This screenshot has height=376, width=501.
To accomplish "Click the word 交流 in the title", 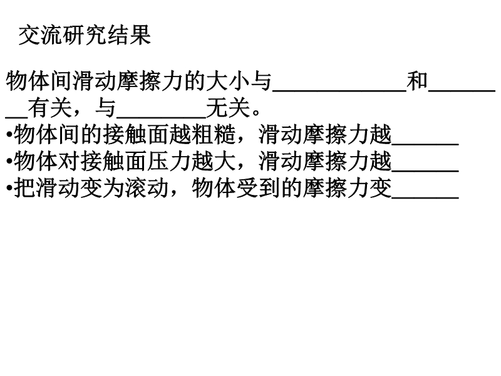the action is (x=41, y=35).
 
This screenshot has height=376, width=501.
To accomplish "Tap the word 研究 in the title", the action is (x=85, y=35).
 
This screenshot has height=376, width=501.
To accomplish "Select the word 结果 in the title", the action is (x=129, y=35).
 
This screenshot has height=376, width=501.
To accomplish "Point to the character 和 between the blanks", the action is (x=417, y=81).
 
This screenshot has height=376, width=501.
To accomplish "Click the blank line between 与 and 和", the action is (x=339, y=91).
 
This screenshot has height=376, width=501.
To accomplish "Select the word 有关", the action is (x=50, y=108).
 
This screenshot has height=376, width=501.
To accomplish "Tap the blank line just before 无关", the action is (x=162, y=118).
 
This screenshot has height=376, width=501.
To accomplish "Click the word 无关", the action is (x=228, y=108).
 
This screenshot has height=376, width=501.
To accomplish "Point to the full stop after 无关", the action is (x=256, y=113).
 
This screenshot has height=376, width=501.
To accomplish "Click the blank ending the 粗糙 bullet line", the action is (x=425, y=144).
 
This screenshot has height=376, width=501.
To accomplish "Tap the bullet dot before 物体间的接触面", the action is (x=9, y=135).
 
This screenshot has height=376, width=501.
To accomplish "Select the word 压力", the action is (x=169, y=161).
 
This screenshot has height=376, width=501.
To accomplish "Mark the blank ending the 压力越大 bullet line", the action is (x=425, y=171).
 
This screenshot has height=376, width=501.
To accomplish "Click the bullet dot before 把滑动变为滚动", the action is (x=9, y=189).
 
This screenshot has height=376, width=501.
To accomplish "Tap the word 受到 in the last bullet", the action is (x=258, y=188).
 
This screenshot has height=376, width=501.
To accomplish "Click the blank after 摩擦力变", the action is (x=425, y=198).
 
